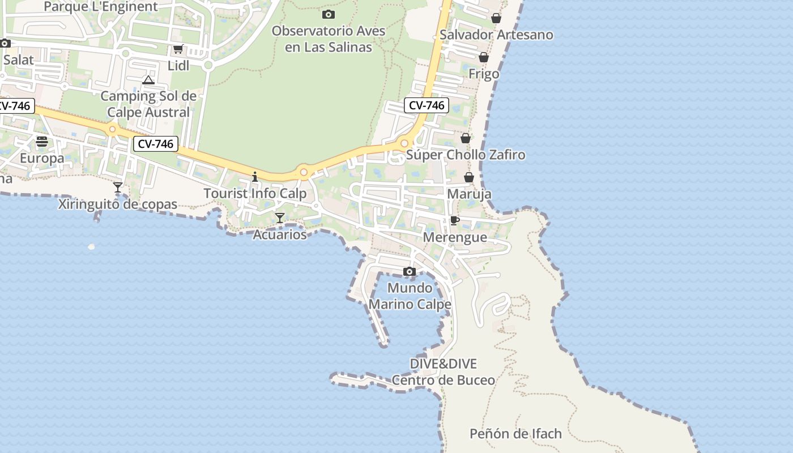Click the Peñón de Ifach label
(515, 434)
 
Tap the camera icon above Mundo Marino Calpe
(410, 272)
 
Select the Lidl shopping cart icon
(178, 49)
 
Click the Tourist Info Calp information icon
(255, 177)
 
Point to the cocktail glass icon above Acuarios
(280, 217)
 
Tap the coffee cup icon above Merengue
(454, 220)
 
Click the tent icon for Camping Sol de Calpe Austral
(148, 80)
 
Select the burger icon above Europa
(42, 141)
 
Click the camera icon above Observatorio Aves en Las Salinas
(328, 14)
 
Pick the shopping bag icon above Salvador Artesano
(496, 18)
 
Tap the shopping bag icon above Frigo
(484, 57)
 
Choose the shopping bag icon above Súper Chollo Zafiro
(466, 138)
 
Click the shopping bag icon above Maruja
(469, 177)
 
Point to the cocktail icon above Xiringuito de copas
(118, 187)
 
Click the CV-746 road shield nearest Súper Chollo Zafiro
(427, 105)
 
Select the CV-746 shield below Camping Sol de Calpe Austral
(156, 144)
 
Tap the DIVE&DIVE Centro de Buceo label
(444, 372)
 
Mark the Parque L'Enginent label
(101, 7)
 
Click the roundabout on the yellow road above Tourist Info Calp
(304, 172)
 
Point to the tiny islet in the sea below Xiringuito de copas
(92, 246)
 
